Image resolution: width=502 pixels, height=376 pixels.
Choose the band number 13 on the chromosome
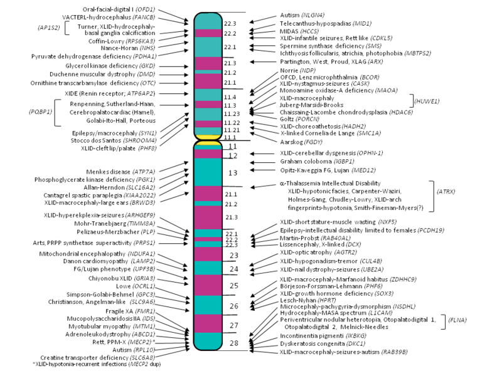coord(232,172)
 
